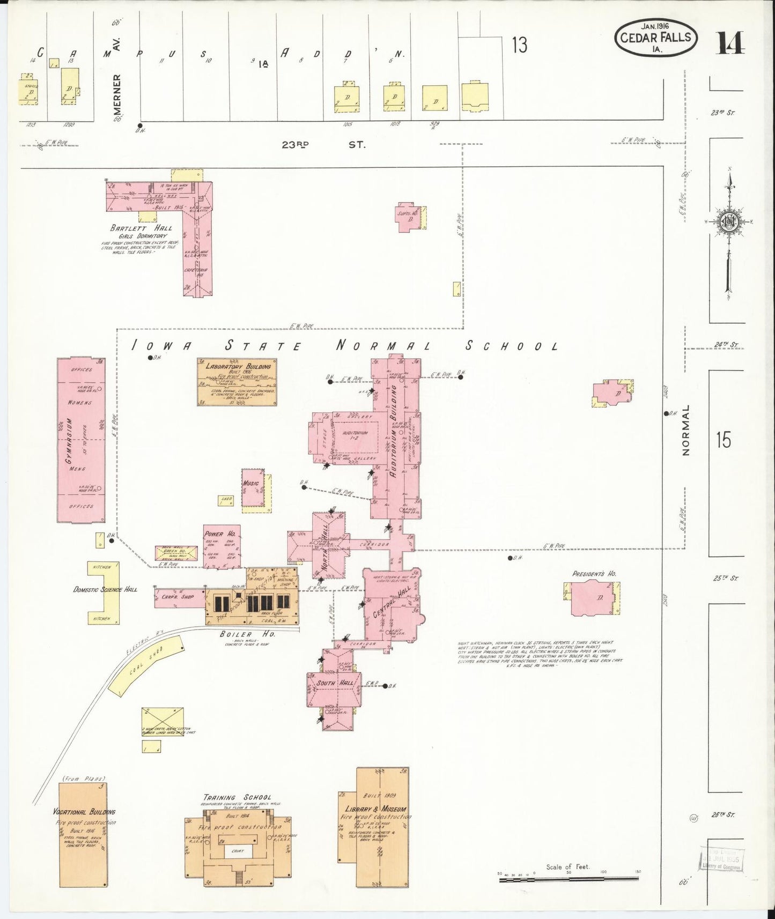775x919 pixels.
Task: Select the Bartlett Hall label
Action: click(141, 228)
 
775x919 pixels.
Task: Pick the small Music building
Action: click(252, 487)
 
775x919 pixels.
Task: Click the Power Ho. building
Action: click(222, 546)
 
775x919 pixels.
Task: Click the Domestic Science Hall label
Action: click(105, 589)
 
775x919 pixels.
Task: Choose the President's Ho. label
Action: click(594, 574)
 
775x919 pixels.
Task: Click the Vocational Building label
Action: click(84, 812)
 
